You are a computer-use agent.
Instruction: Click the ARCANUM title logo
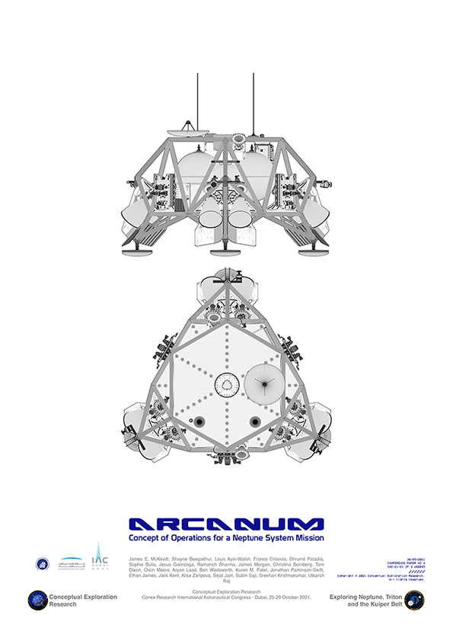point(226,524)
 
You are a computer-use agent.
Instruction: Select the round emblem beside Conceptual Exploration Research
point(37,600)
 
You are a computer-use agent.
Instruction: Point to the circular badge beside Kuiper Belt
point(414,600)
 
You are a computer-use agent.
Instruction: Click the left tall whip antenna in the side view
point(198,103)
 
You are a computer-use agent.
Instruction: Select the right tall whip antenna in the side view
point(251,103)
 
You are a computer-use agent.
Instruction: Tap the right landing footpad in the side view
point(309,246)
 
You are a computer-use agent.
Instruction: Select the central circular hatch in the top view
point(226,385)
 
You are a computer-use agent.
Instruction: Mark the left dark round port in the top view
point(199,422)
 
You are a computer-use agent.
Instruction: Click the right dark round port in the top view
point(254,422)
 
